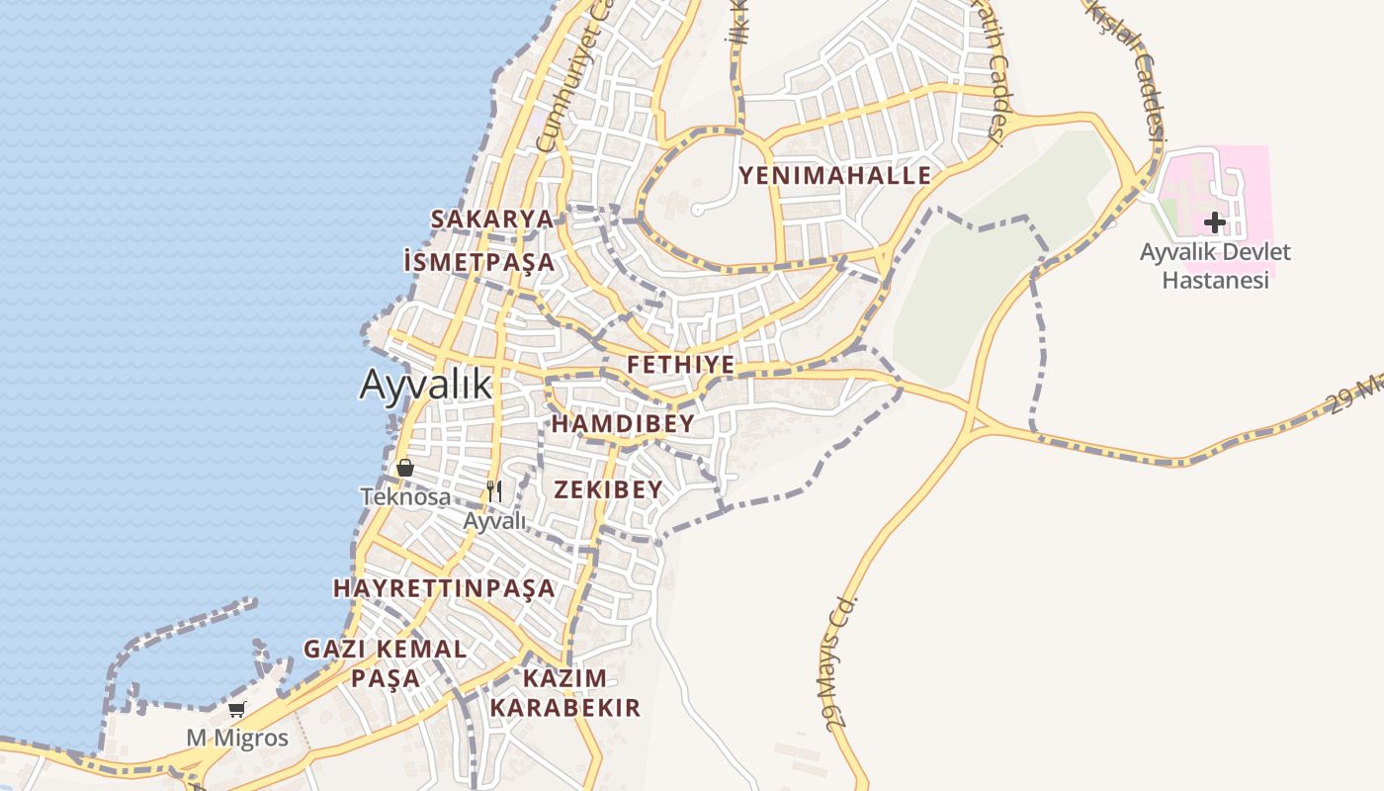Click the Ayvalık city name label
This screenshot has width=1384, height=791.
(x=425, y=384)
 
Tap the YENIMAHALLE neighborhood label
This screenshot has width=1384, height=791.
(x=835, y=176)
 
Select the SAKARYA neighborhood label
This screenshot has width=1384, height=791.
(x=491, y=219)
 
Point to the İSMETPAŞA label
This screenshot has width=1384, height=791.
(x=479, y=262)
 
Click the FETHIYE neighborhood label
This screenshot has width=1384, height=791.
(x=681, y=365)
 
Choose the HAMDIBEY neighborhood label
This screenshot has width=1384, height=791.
(x=623, y=424)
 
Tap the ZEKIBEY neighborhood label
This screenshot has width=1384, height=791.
(x=608, y=489)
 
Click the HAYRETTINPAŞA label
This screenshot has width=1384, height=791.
(x=444, y=588)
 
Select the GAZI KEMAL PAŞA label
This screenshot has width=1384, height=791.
(x=386, y=663)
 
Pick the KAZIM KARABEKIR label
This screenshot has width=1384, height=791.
(x=564, y=693)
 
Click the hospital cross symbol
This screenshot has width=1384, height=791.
(x=1215, y=222)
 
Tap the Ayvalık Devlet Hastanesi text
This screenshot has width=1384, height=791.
(x=1215, y=265)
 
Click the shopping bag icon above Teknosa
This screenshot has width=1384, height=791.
(x=404, y=468)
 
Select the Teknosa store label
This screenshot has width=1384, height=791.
(x=405, y=496)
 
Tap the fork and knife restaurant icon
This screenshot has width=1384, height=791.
(x=495, y=490)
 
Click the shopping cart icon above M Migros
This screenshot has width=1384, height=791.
(x=237, y=709)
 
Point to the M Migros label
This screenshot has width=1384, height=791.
(x=237, y=738)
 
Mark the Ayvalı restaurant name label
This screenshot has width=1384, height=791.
(x=495, y=521)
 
